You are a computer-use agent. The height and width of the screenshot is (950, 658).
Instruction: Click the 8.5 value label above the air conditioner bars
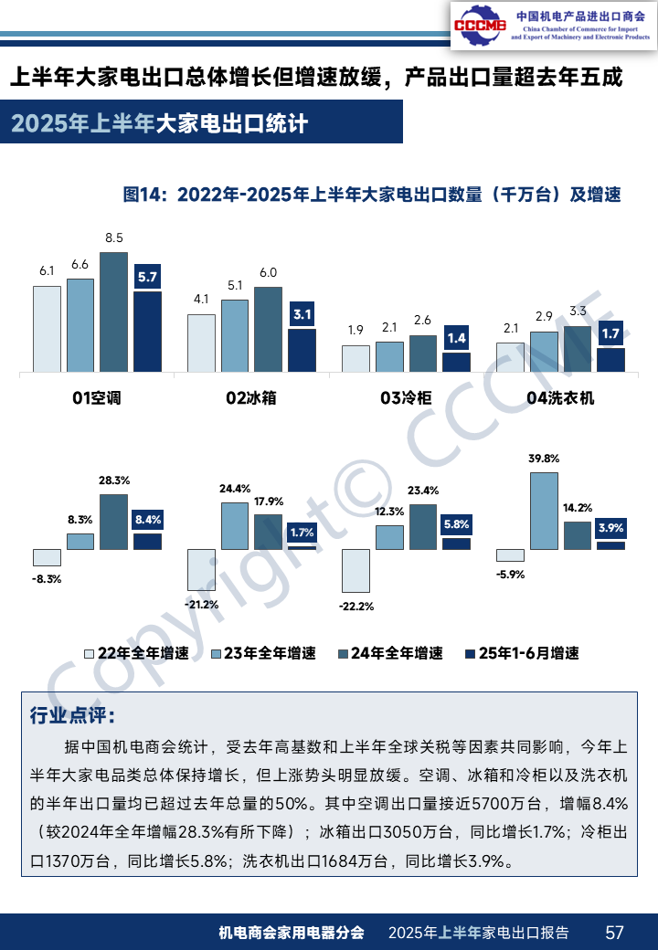click(113, 238)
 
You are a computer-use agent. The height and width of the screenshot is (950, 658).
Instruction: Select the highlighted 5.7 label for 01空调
click(147, 277)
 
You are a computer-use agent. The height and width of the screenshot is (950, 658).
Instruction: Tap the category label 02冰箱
click(251, 398)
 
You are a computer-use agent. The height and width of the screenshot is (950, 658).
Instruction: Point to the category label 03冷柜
click(406, 398)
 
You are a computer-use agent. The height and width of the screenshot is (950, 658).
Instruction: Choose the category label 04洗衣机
click(560, 398)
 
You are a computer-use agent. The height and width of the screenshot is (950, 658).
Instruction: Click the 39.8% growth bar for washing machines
click(544, 511)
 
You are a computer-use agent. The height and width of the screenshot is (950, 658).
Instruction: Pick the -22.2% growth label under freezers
click(356, 606)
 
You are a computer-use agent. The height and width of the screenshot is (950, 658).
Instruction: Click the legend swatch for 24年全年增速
click(344, 654)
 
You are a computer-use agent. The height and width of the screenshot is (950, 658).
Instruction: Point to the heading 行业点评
click(72, 714)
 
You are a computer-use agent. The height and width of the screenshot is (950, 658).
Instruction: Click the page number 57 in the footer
click(615, 932)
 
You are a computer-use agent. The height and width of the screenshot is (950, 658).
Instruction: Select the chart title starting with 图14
click(372, 195)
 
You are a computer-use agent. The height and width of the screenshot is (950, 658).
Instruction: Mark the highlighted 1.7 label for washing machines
click(611, 333)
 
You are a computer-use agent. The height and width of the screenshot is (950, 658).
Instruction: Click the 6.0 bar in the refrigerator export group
click(268, 330)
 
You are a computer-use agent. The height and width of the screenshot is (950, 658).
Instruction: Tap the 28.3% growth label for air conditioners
click(113, 480)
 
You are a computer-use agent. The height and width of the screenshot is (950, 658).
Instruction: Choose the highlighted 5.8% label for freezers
click(456, 524)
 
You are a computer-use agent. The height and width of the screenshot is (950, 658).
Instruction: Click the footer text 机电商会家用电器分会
click(292, 933)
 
